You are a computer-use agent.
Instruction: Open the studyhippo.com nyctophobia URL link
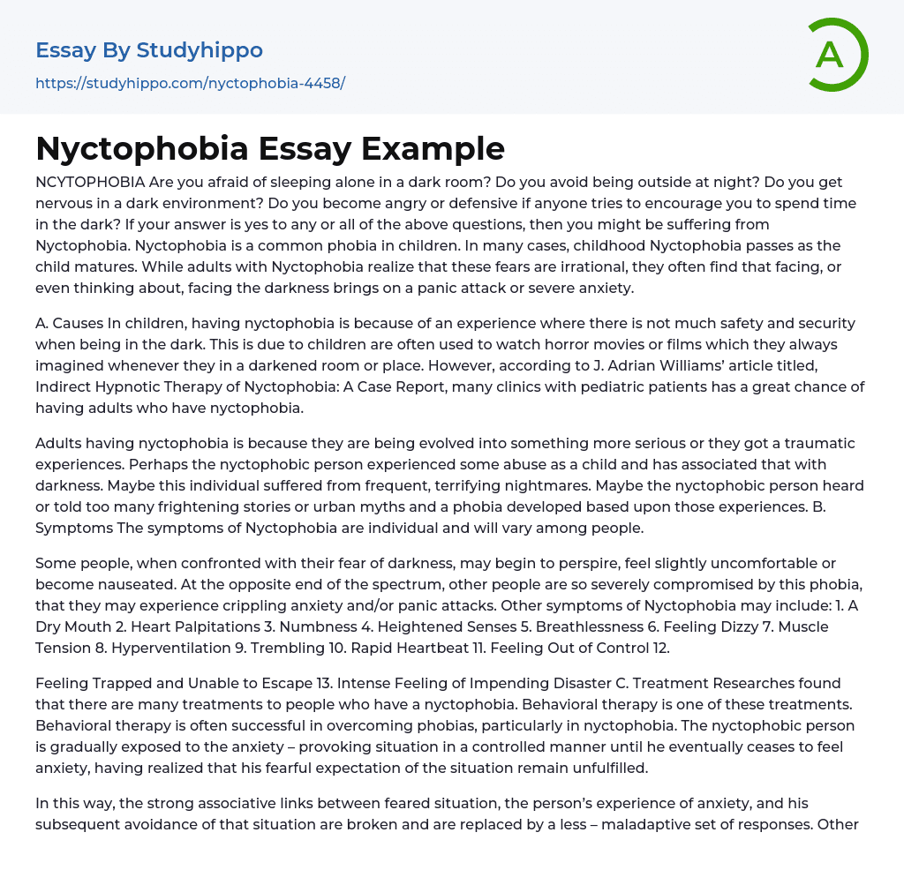[190, 84]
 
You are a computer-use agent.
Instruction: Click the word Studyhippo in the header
[200, 50]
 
